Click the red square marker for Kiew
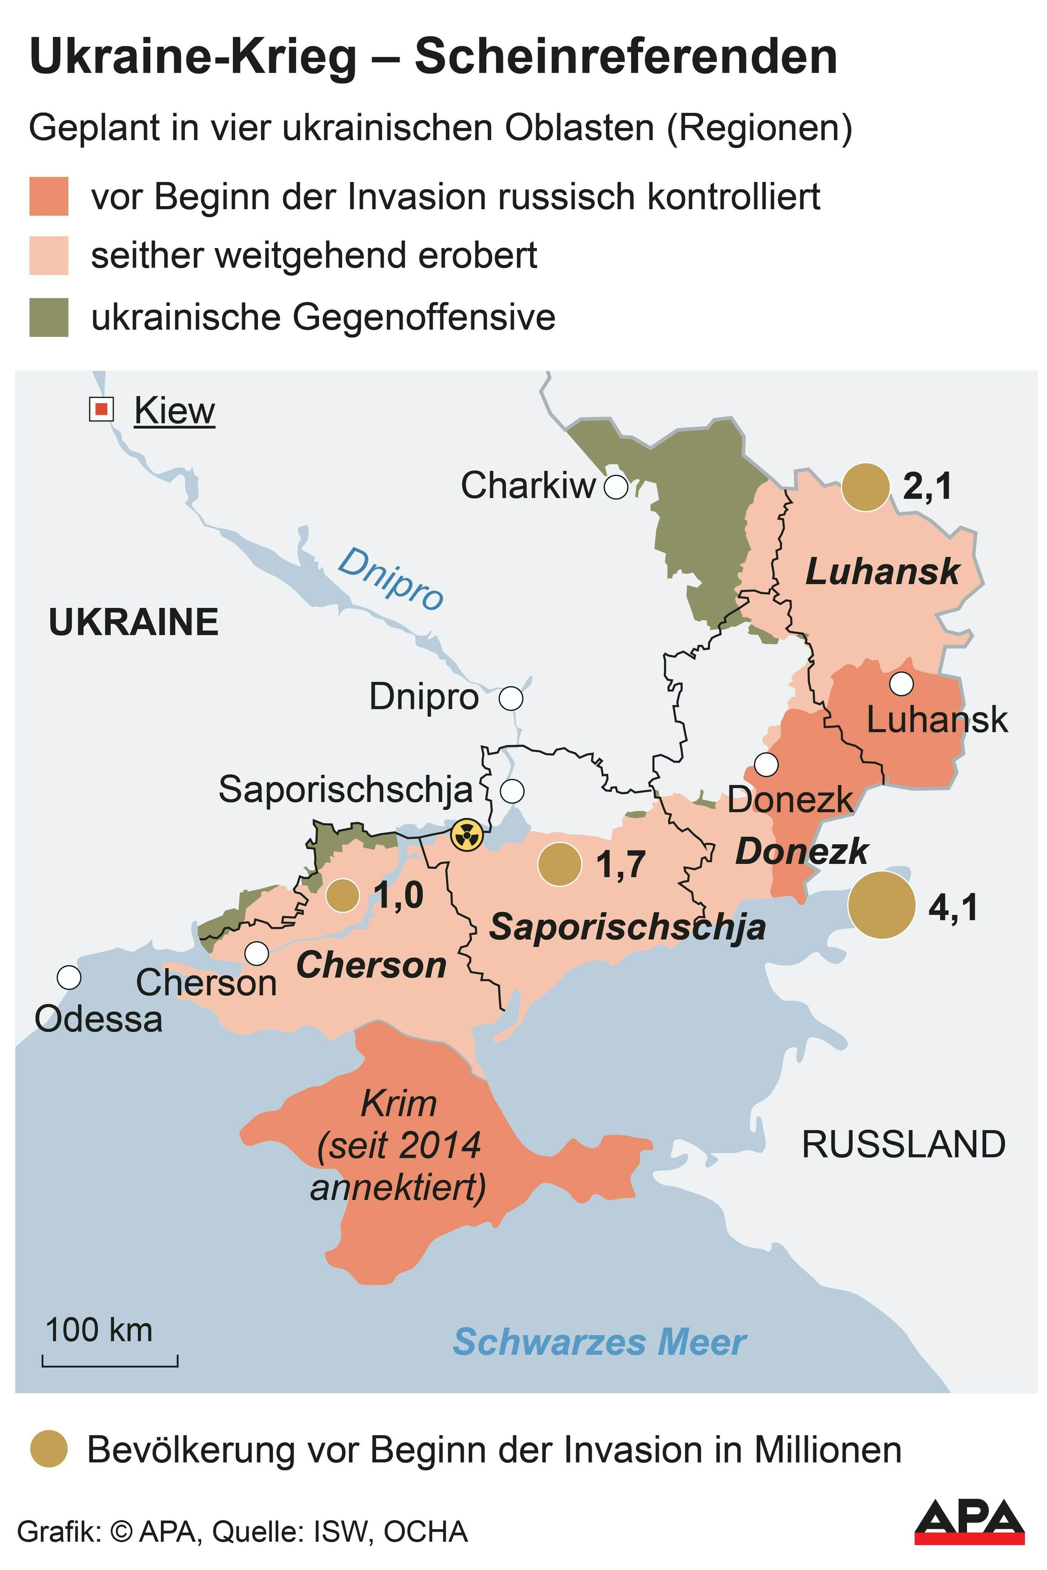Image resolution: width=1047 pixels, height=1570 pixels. coord(102,409)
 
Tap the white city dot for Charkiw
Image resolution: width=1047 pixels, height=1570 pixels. coord(616,487)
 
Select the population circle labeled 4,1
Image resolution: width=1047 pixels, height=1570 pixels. coord(881,905)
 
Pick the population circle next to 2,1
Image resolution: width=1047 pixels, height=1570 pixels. coord(865,487)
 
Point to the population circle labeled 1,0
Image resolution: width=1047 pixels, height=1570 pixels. coord(343,895)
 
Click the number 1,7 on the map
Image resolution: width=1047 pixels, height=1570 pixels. coord(621,864)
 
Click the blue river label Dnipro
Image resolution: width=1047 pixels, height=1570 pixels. coord(390,578)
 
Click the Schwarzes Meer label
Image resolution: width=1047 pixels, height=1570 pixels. coord(599,1342)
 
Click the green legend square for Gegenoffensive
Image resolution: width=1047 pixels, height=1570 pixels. coord(49,317)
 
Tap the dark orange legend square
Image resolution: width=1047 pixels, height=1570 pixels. coord(49,196)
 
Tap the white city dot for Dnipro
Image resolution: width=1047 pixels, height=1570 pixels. coord(511,699)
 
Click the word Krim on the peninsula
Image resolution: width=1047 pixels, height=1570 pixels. coord(399,1104)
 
